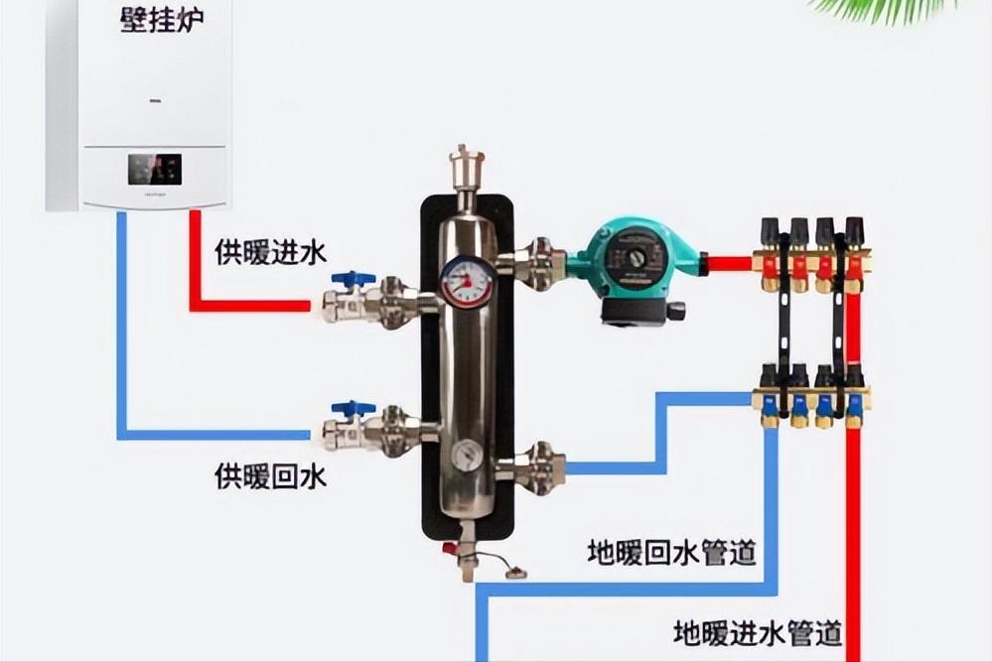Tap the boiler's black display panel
154,169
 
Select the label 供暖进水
270,252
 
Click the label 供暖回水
270,476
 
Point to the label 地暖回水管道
671,551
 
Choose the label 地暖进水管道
758,632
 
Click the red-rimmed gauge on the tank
467,282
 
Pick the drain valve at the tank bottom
467,557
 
